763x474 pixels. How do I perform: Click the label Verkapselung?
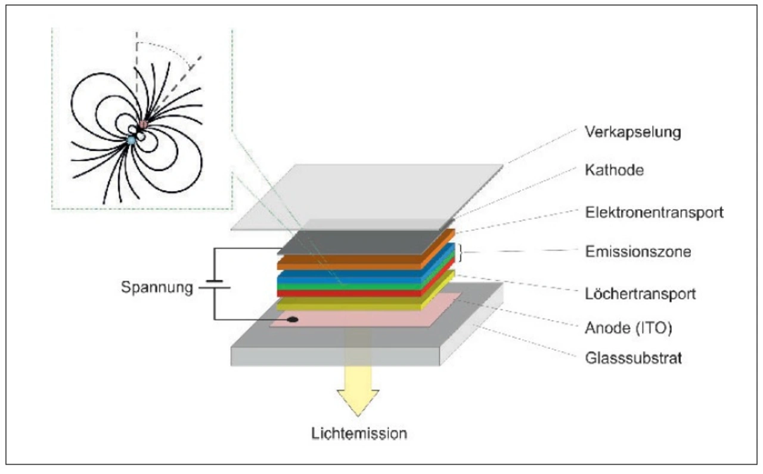coord(633,132)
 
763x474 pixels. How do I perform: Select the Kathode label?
coord(614,170)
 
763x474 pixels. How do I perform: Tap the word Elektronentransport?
coord(654,212)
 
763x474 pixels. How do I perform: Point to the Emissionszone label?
coord(638,252)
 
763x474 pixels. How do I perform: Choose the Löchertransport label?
coord(640,294)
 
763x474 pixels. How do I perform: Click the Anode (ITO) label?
coord(628,328)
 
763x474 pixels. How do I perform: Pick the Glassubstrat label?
coord(634,358)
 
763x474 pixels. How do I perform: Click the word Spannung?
coord(157,287)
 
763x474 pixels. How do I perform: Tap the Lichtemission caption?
coord(359,433)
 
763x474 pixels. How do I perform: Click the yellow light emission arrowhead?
coord(358,402)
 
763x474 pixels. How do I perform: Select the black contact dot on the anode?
coord(293,320)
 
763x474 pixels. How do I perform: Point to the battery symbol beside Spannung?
coord(215,284)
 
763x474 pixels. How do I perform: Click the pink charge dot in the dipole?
coord(144,124)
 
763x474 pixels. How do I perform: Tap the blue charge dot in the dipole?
coord(131,140)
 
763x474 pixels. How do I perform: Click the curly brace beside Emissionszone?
coord(461,253)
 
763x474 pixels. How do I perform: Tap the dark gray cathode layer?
coord(361,243)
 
